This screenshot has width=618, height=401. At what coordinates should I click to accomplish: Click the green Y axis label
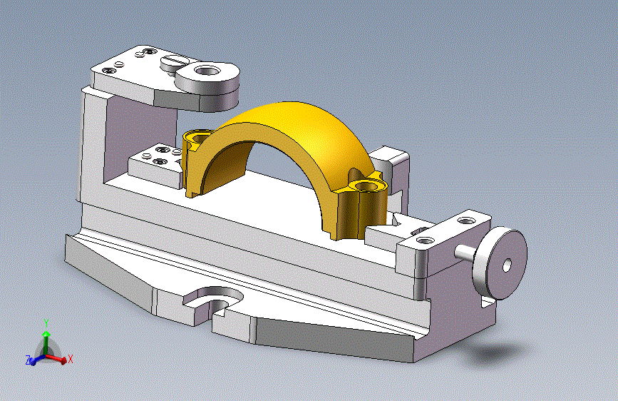pyautogui.click(x=46, y=323)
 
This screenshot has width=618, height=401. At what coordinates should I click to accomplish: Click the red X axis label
pyautogui.click(x=71, y=359)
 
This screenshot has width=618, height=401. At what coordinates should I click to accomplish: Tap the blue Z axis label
pyautogui.click(x=28, y=360)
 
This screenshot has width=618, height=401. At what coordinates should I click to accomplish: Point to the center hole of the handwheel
pyautogui.click(x=507, y=265)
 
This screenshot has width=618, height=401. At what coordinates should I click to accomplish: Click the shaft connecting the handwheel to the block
pyautogui.click(x=465, y=252)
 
